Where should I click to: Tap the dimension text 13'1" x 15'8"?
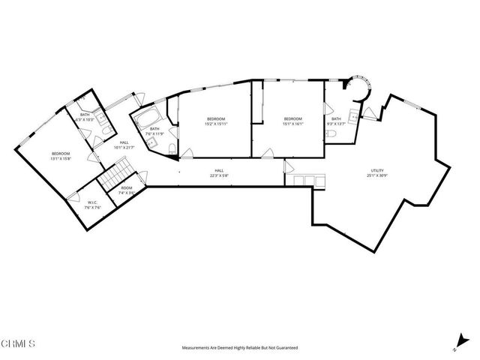click(x=60, y=158)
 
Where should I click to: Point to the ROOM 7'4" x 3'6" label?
click(x=126, y=190)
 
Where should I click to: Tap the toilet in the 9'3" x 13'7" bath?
click(x=332, y=133)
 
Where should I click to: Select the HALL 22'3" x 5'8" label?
click(x=220, y=173)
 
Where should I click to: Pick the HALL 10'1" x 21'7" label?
click(x=123, y=144)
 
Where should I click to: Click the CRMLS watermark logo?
click(x=19, y=344)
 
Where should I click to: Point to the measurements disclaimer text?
click(x=240, y=348)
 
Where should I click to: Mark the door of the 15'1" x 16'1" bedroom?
click(x=268, y=152)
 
